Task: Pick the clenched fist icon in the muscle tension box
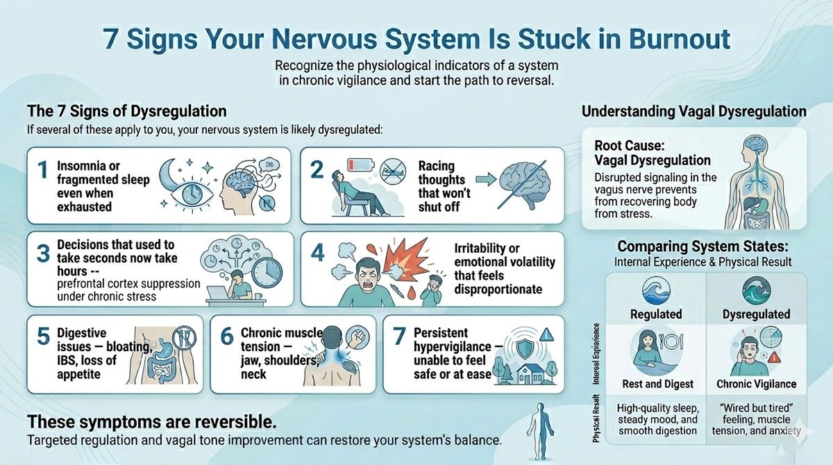(x=353, y=342)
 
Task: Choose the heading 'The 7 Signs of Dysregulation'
(x=126, y=111)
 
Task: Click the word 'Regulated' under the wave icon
(x=656, y=314)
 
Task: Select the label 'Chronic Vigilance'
(x=756, y=383)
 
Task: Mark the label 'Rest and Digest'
(x=655, y=383)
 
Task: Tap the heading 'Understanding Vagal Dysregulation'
(x=693, y=111)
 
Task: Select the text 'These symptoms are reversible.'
(x=151, y=422)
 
